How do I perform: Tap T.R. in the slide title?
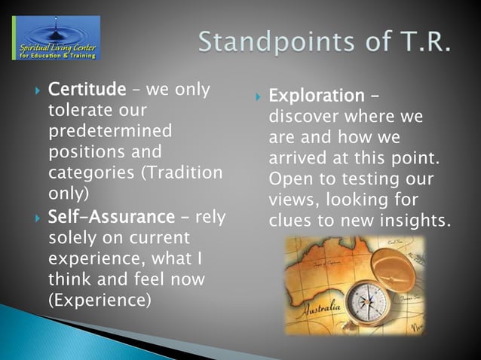[x=421, y=41]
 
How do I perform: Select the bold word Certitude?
[x=87, y=90]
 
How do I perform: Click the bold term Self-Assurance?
[x=111, y=217]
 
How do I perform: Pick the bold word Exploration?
[x=316, y=96]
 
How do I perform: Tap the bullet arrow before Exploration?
[x=257, y=97]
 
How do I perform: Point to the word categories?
[x=84, y=172]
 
